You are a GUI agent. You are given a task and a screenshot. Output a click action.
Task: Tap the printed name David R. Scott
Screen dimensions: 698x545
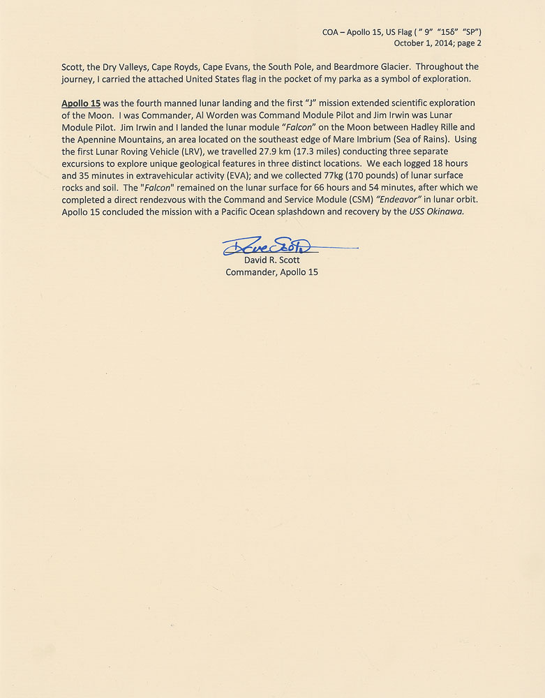tap(271, 260)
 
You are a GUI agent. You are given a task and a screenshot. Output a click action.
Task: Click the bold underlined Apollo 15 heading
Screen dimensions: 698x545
tap(81, 103)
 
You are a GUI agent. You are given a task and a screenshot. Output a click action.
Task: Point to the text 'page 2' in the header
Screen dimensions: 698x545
tap(468, 43)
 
